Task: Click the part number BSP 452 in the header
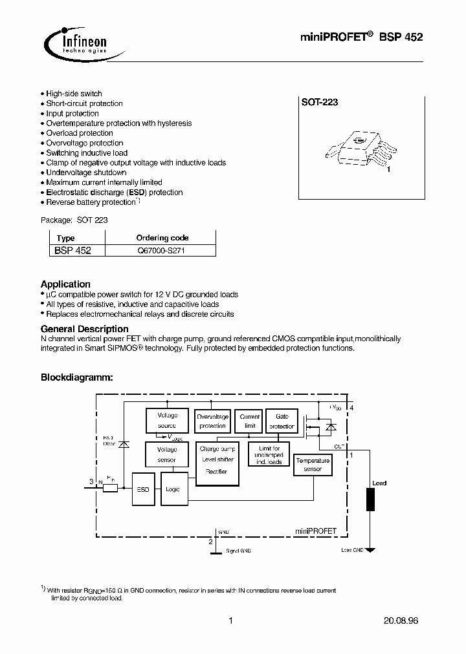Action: point(402,37)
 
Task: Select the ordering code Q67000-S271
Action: point(162,250)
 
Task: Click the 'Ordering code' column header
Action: point(162,238)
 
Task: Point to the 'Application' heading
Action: point(65,284)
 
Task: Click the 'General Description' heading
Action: point(84,329)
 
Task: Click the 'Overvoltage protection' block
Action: point(212,421)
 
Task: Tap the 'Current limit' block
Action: point(250,421)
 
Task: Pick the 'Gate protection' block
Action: point(282,421)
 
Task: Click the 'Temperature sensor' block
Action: point(313,465)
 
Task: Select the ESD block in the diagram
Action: point(142,489)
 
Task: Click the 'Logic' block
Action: point(173,489)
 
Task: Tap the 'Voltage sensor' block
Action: point(167,454)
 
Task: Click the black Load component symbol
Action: point(371,500)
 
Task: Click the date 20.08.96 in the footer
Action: point(402,621)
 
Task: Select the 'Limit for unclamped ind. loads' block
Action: point(269,455)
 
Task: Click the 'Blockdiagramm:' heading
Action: point(77,377)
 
